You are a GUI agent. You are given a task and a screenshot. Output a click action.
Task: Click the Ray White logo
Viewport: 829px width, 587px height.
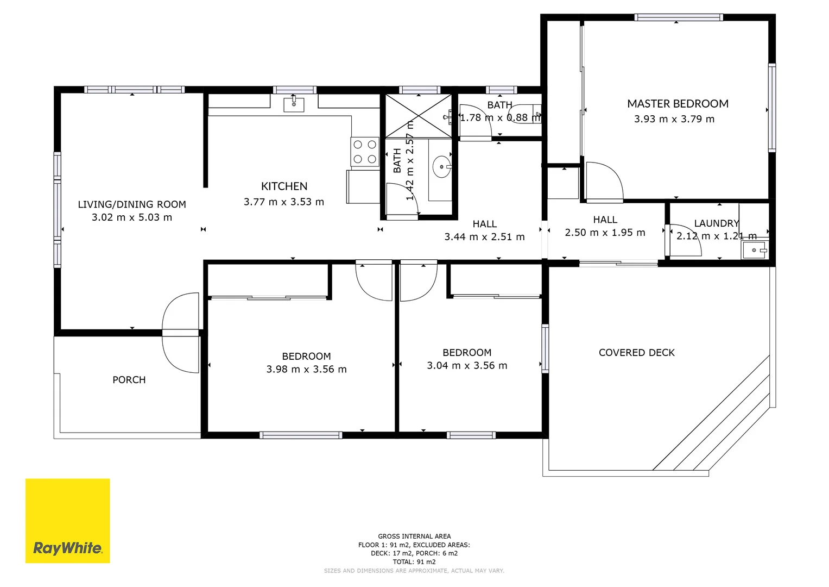point(67,520)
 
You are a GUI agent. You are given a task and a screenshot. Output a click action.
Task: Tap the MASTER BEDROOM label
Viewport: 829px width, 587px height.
point(678,104)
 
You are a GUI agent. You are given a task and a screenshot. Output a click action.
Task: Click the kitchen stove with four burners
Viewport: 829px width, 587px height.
point(365,152)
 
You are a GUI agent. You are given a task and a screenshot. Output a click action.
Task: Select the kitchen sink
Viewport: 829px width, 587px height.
point(294,104)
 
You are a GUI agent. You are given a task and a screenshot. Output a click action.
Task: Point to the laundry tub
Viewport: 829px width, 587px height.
point(755,250)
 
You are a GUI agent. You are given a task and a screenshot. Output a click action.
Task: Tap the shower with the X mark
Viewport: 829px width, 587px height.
point(419,116)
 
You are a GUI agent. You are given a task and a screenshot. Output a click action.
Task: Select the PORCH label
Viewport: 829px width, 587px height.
point(129,380)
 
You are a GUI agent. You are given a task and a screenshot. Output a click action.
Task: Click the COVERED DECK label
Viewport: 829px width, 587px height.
point(636,353)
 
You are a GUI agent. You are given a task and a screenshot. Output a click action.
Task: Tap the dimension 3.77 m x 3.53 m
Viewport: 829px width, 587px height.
point(284,202)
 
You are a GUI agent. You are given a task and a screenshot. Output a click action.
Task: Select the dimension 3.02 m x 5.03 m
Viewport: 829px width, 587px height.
point(132,217)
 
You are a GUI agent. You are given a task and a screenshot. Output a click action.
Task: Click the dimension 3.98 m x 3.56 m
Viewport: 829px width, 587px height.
point(306,370)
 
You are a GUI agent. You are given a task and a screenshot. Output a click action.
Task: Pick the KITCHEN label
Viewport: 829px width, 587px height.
point(284,186)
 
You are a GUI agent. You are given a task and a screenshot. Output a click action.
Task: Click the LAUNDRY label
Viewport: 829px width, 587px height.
point(717,223)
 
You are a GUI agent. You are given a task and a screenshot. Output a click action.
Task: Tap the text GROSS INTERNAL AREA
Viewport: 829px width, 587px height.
point(414,536)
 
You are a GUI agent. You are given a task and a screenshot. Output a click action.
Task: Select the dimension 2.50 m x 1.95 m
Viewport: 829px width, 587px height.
point(605,233)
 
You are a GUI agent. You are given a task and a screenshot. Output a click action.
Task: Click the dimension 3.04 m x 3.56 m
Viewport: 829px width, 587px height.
point(467,366)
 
